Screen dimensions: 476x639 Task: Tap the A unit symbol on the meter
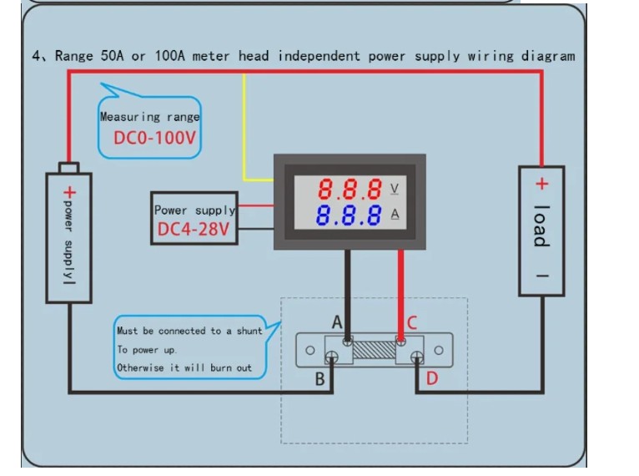pos(394,215)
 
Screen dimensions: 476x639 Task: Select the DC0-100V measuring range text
pos(154,137)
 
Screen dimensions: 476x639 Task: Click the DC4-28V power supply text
pos(193,229)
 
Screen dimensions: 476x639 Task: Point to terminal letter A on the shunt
pos(337,322)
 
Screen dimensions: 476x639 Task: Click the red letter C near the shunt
pos(412,323)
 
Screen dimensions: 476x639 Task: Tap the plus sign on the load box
pos(541,185)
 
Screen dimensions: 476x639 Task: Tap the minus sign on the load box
pos(541,276)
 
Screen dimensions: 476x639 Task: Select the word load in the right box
pos(541,225)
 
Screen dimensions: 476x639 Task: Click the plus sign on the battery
pos(69,192)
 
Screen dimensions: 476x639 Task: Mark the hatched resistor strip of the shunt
pos(375,348)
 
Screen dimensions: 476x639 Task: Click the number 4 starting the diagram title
pos(37,57)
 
